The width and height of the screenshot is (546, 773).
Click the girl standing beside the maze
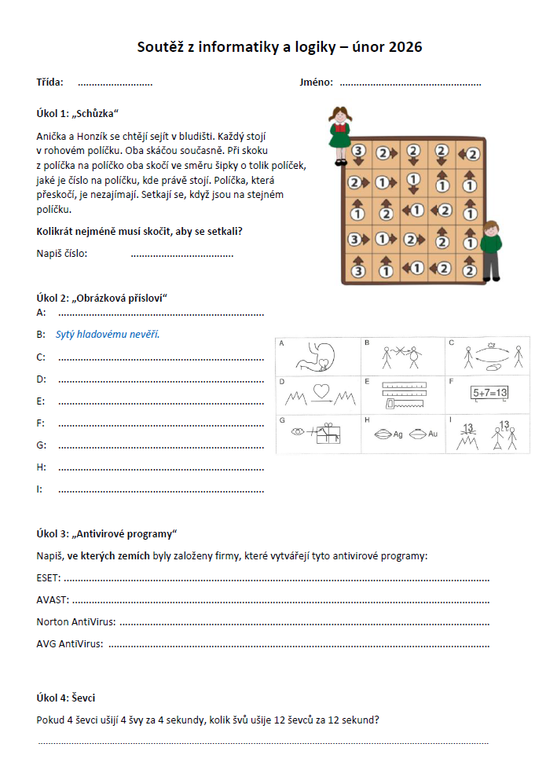tap(339, 130)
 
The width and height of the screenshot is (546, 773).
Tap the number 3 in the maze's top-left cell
tap(358, 151)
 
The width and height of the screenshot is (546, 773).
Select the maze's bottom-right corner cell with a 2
tap(471, 268)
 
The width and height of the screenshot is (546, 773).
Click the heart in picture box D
tap(319, 390)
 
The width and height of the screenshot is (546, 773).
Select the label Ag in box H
tap(398, 434)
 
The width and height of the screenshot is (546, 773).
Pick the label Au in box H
tap(433, 434)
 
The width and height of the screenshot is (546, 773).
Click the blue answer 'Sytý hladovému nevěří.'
tap(108, 335)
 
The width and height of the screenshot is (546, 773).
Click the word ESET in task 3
tap(48, 579)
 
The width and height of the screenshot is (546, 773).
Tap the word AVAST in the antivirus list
tap(52, 601)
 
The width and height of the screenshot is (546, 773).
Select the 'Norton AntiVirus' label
tap(75, 623)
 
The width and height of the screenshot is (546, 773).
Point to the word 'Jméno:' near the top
tap(316, 82)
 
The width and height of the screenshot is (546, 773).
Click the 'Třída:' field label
tap(50, 82)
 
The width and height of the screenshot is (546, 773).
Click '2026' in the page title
tap(403, 48)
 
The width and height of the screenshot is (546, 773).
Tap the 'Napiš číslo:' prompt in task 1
tap(62, 253)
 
